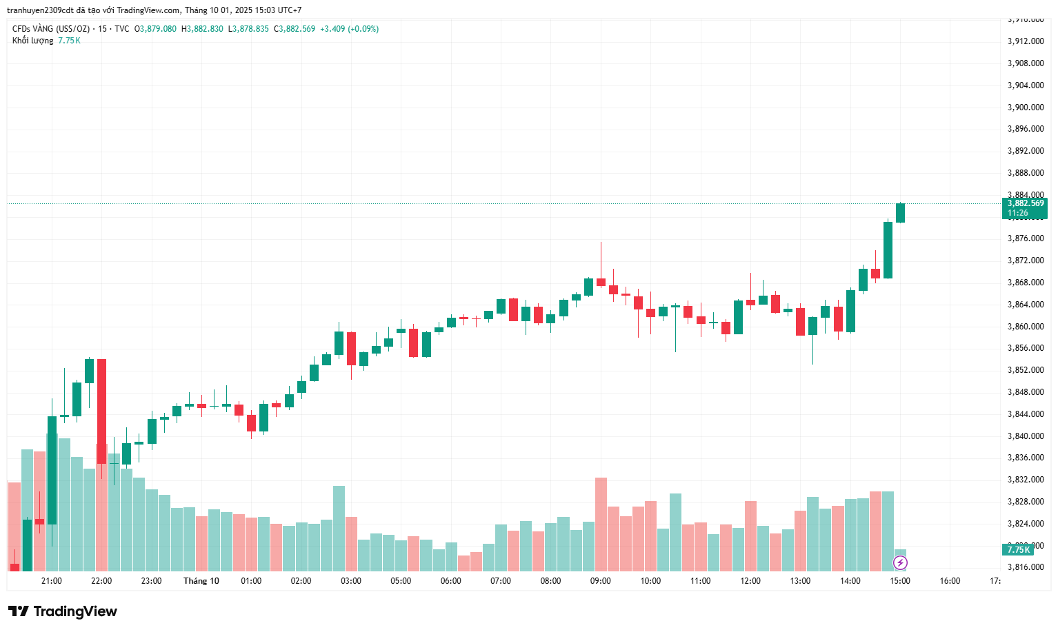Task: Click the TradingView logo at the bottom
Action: [x=63, y=611]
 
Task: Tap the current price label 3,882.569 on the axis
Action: [x=1025, y=203]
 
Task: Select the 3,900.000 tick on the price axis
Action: [x=1026, y=108]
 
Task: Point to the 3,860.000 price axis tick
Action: [x=1026, y=327]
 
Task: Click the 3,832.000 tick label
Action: [x=1026, y=480]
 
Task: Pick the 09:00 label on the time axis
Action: [x=600, y=581]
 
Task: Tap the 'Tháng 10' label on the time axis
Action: [x=201, y=581]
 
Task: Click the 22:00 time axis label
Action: [x=101, y=581]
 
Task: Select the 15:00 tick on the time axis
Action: [x=900, y=581]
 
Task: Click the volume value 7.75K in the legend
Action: [x=69, y=41]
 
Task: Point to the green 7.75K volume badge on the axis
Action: [x=1018, y=549]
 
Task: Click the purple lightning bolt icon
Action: [x=900, y=563]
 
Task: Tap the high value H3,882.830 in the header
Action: [x=202, y=29]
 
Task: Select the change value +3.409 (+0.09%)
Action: [x=349, y=29]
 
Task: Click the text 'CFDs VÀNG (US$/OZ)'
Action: [x=51, y=29]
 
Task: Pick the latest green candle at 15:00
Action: [x=900, y=213]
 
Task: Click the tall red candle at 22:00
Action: [x=102, y=411]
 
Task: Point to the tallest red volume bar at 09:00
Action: [x=601, y=524]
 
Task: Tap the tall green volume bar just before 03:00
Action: [x=339, y=528]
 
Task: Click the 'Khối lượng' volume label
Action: [x=32, y=41]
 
